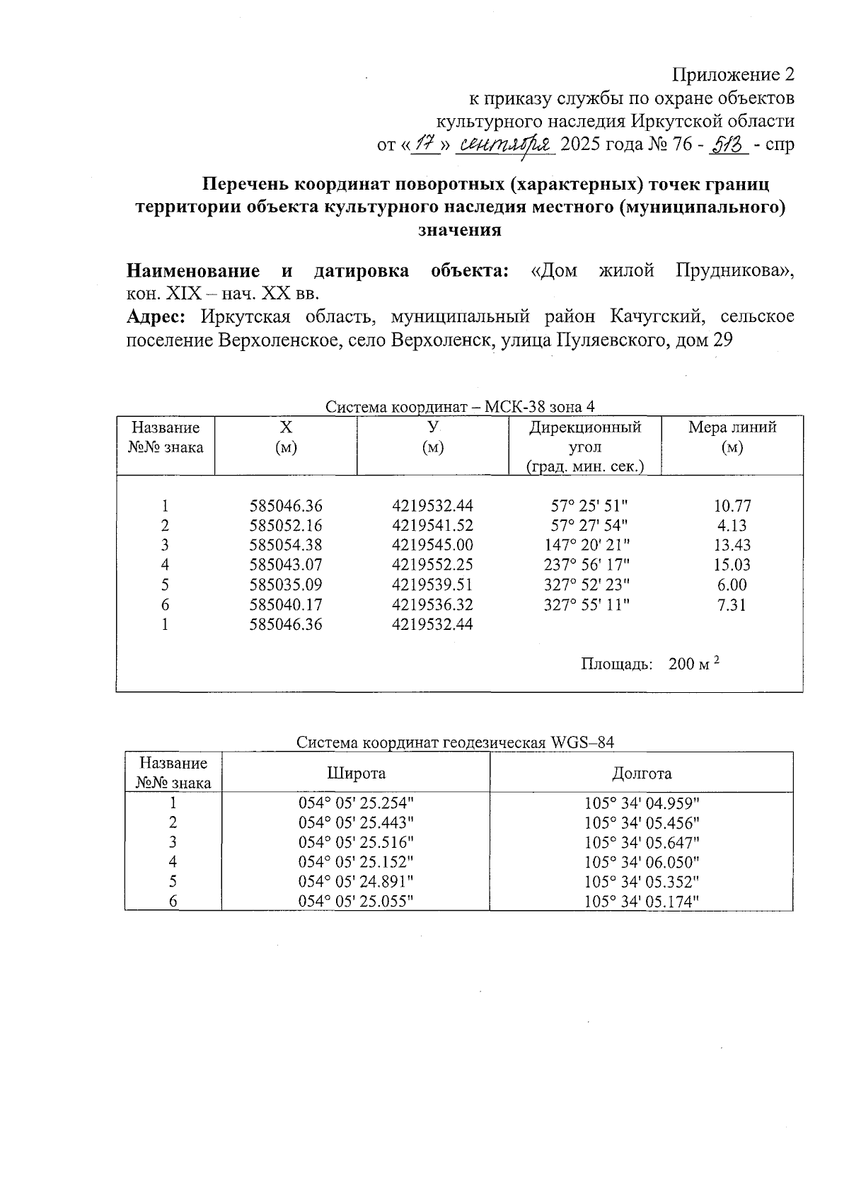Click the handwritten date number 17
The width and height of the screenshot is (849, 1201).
[425, 144]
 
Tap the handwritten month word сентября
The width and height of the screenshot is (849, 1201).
[506, 144]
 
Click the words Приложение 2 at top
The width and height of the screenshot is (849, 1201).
[733, 75]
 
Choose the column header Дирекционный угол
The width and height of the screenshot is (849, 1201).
[585, 447]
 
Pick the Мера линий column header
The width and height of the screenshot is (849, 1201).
[732, 437]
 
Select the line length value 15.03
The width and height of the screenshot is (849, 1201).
[732, 565]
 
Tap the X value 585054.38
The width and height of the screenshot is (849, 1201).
[286, 545]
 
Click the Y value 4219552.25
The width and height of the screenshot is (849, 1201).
[432, 565]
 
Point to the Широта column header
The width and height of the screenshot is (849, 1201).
[356, 773]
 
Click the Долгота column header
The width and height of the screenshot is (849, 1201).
[641, 773]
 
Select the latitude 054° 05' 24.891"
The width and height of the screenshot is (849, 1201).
[356, 882]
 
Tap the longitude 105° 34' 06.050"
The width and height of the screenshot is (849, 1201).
[642, 862]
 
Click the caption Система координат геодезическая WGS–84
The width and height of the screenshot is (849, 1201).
[455, 742]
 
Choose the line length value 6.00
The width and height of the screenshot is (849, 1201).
[732, 585]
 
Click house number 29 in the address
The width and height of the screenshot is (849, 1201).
[722, 340]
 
